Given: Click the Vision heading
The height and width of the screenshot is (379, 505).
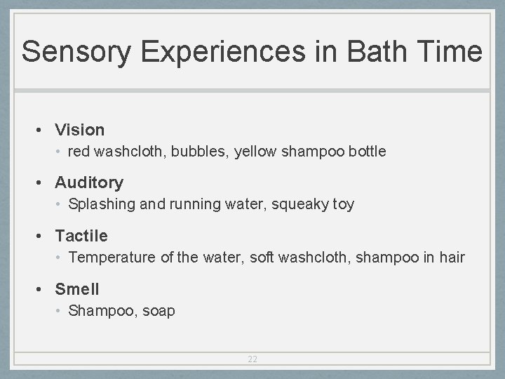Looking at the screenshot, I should [79, 130].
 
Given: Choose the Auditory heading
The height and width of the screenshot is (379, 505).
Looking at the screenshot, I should [89, 183].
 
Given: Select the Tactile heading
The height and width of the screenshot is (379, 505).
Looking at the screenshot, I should [81, 236].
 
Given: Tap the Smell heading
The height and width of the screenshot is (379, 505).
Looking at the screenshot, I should [77, 289].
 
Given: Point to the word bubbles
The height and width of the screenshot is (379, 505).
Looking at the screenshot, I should [198, 152].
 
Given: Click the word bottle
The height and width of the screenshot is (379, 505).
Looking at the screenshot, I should [367, 152].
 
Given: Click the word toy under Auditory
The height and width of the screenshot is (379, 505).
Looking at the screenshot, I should [342, 205].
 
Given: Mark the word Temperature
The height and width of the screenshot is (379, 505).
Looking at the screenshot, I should [112, 258].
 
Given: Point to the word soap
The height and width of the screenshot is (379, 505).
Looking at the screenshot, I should [159, 311].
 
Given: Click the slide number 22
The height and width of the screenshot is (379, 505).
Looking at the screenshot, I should [252, 359].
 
